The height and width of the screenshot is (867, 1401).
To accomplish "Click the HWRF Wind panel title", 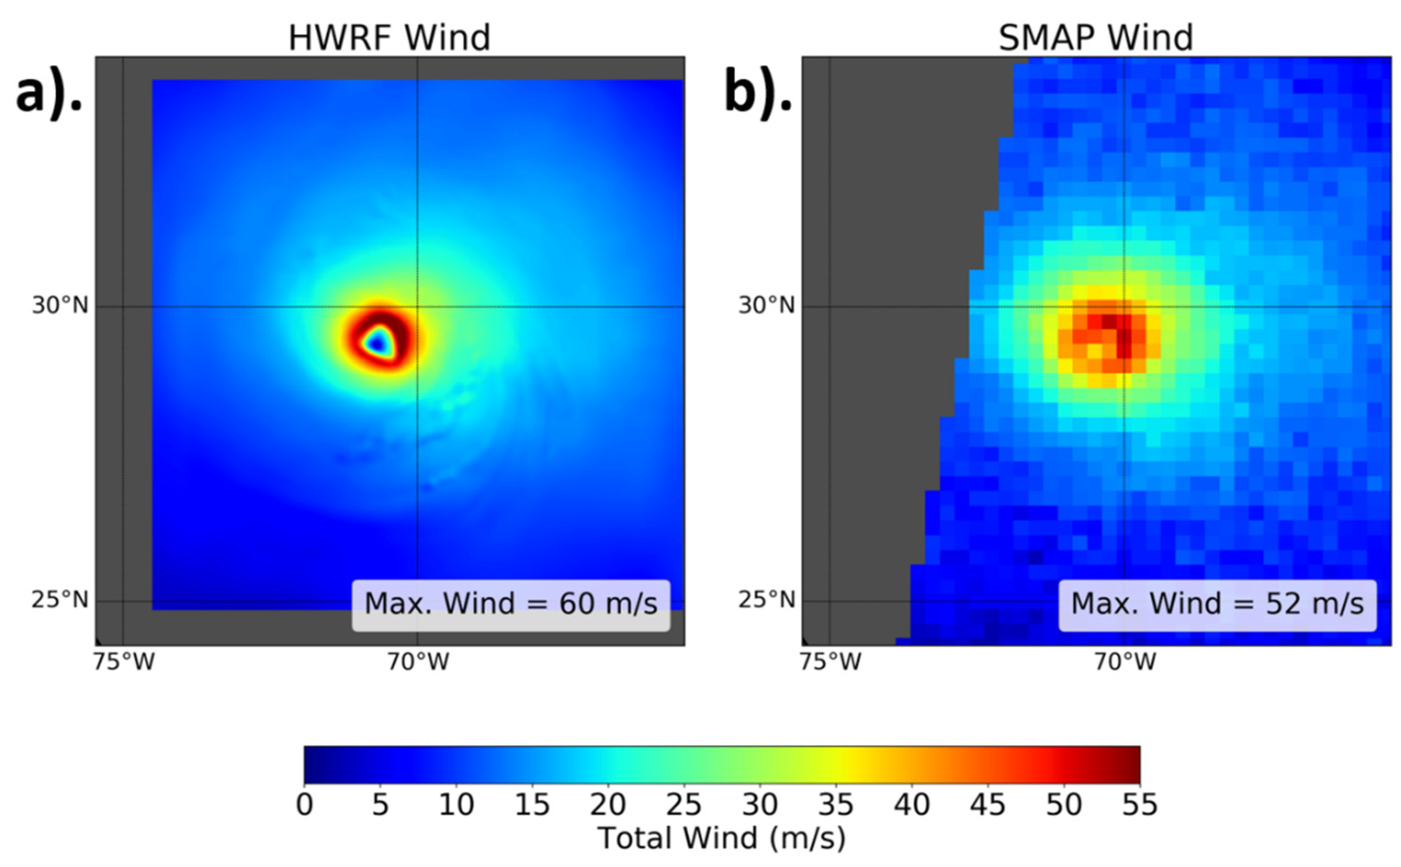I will pyautogui.click(x=389, y=38).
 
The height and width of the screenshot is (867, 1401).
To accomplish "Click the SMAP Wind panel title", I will pyautogui.click(x=1096, y=38).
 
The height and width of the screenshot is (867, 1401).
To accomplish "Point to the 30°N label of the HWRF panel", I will pyautogui.click(x=60, y=305).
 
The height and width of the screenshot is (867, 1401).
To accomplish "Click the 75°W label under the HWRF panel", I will pyautogui.click(x=124, y=662).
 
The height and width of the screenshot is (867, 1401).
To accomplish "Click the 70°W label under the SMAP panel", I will pyautogui.click(x=1125, y=662).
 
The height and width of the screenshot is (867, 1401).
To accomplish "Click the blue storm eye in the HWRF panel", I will pyautogui.click(x=377, y=343).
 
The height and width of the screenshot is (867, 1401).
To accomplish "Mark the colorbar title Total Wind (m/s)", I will pyautogui.click(x=722, y=838).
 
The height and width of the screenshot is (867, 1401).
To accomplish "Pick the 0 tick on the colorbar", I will pyautogui.click(x=305, y=805).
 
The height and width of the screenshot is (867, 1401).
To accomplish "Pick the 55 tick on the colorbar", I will pyautogui.click(x=1139, y=805).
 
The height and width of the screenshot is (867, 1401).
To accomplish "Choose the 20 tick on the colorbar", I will pyautogui.click(x=608, y=805).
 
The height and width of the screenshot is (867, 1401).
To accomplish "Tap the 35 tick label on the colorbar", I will pyautogui.click(x=835, y=805).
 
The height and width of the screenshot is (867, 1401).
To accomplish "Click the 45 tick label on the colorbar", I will pyautogui.click(x=988, y=805).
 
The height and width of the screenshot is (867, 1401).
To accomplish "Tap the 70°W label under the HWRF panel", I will pyautogui.click(x=418, y=662).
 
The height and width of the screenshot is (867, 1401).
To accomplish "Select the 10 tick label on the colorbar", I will pyautogui.click(x=456, y=805).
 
